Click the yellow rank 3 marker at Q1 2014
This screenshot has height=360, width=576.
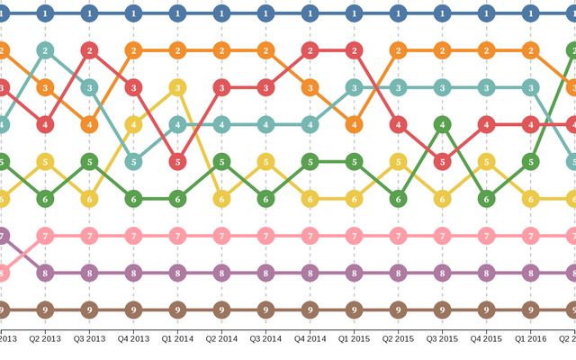tap(177, 87)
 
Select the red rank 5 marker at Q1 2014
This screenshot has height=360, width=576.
tap(177, 162)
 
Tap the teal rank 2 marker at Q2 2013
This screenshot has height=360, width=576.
tap(45, 50)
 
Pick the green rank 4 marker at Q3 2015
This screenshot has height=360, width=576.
tap(442, 125)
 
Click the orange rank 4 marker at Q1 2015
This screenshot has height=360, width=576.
tap(354, 125)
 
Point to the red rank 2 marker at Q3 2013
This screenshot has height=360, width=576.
tap(89, 50)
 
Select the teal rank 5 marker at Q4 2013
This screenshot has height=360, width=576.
tap(133, 162)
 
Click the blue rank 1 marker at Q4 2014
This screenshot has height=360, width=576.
tap(310, 13)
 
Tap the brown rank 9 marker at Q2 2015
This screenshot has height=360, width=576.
tap(398, 310)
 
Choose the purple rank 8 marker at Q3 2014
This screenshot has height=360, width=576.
tap(265, 273)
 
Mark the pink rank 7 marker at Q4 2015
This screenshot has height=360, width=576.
tap(486, 236)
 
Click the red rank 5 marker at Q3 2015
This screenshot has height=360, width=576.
tap(442, 162)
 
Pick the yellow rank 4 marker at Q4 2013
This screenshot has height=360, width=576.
tap(133, 125)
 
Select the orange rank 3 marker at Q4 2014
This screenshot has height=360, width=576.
tap(310, 87)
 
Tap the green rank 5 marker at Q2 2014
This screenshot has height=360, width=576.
tap(221, 162)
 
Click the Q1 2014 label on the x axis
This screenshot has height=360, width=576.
tap(177, 339)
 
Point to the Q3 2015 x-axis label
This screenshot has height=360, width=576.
tap(442, 339)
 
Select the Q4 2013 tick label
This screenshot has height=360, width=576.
tap(133, 339)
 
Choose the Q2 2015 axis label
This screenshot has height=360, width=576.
tap(398, 339)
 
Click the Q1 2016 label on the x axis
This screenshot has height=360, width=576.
tap(530, 339)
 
